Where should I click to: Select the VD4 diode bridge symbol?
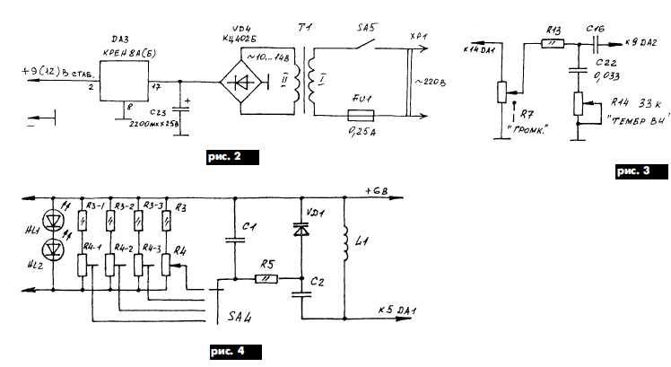coord(248,85)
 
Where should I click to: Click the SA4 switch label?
coord(241,319)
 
